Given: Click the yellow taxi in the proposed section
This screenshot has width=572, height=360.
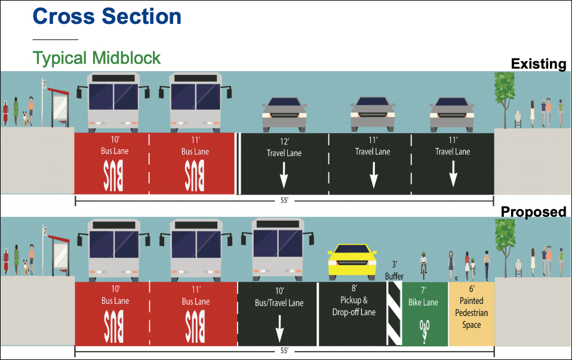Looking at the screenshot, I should point(352,259).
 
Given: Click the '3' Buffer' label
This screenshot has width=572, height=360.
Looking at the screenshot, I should point(394,270).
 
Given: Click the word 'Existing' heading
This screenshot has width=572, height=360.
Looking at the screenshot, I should point(538,64).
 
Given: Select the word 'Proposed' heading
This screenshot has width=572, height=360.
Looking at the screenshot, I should point(533,211).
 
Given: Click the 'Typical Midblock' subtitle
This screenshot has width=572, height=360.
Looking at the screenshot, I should point(97,58).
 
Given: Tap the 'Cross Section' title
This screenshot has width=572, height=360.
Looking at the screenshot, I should point(107,16).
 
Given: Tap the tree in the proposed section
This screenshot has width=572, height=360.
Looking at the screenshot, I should point(505,242).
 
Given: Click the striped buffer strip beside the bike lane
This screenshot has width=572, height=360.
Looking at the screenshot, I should point(394,314).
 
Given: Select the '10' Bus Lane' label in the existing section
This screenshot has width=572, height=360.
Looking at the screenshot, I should point(114,146).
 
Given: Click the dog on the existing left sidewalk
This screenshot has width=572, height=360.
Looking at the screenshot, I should point(24,118).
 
